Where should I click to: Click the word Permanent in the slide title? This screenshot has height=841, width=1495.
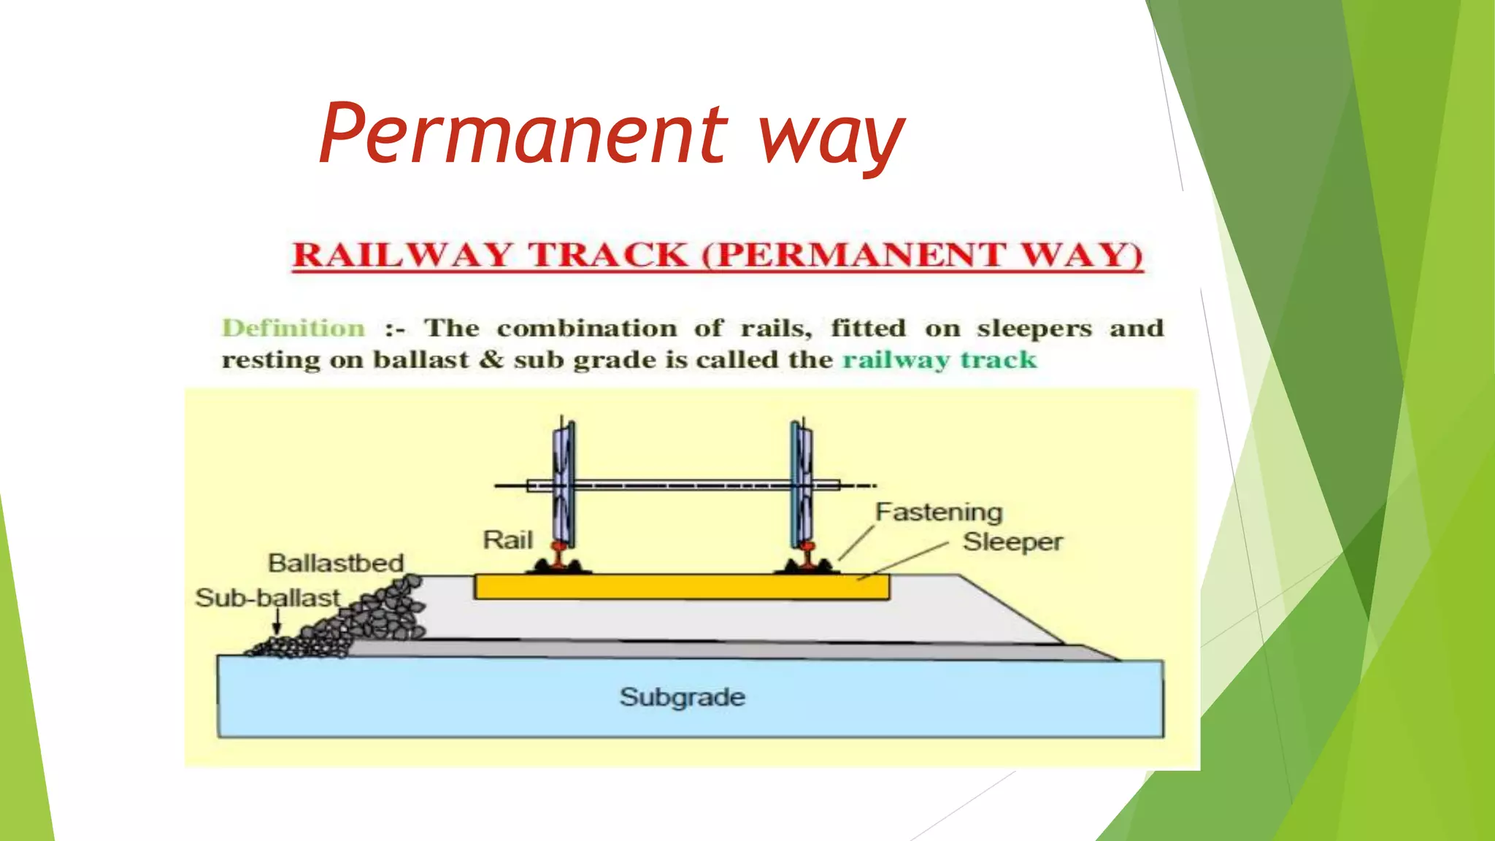pos(523,134)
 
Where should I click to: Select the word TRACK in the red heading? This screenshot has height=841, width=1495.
pos(607,255)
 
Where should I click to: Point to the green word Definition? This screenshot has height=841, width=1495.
pos(293,328)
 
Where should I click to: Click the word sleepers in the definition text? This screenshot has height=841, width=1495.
pos(1034,329)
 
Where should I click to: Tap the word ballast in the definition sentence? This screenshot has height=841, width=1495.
pos(421,360)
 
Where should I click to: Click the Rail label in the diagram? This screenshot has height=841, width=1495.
pos(508,540)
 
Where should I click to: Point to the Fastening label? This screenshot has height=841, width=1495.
pos(939,512)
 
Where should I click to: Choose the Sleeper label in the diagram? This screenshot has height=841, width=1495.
pos(1012,542)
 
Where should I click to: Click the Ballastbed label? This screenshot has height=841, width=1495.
pos(336,563)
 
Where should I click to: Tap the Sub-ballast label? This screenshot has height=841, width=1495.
pos(268,598)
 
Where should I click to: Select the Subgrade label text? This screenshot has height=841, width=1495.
pos(683,697)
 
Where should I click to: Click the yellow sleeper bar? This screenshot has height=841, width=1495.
pos(681,587)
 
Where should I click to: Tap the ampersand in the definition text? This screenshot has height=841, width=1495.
pos(491,360)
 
